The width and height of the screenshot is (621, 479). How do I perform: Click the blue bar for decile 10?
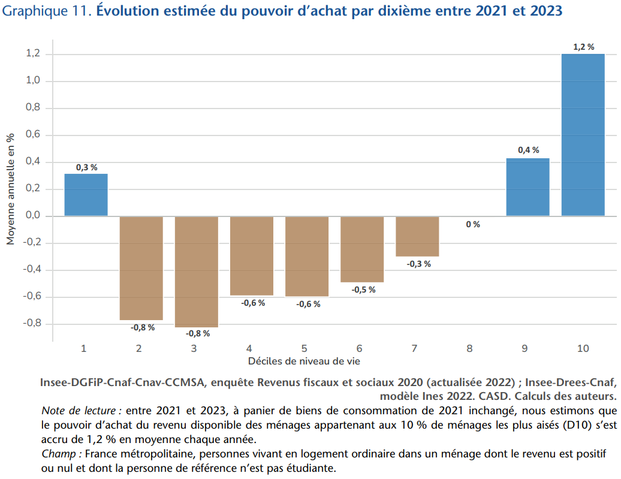(x=583, y=135)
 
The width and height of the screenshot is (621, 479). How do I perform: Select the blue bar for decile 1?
(x=86, y=195)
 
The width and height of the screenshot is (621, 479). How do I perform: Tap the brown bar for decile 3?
(x=197, y=271)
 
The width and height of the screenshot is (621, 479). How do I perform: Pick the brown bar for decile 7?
(x=417, y=236)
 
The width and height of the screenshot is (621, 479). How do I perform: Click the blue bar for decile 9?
(x=527, y=187)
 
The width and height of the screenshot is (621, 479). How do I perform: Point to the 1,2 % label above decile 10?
(x=583, y=47)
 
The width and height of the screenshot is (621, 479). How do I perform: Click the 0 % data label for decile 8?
(x=472, y=224)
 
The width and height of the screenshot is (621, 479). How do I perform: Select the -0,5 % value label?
(x=363, y=290)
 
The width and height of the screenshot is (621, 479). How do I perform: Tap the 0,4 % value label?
(x=528, y=150)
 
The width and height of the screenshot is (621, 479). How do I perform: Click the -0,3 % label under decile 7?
(x=418, y=264)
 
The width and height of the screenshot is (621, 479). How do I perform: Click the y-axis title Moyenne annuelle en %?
(x=10, y=188)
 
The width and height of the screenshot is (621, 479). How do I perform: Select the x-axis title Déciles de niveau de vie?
(x=305, y=361)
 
